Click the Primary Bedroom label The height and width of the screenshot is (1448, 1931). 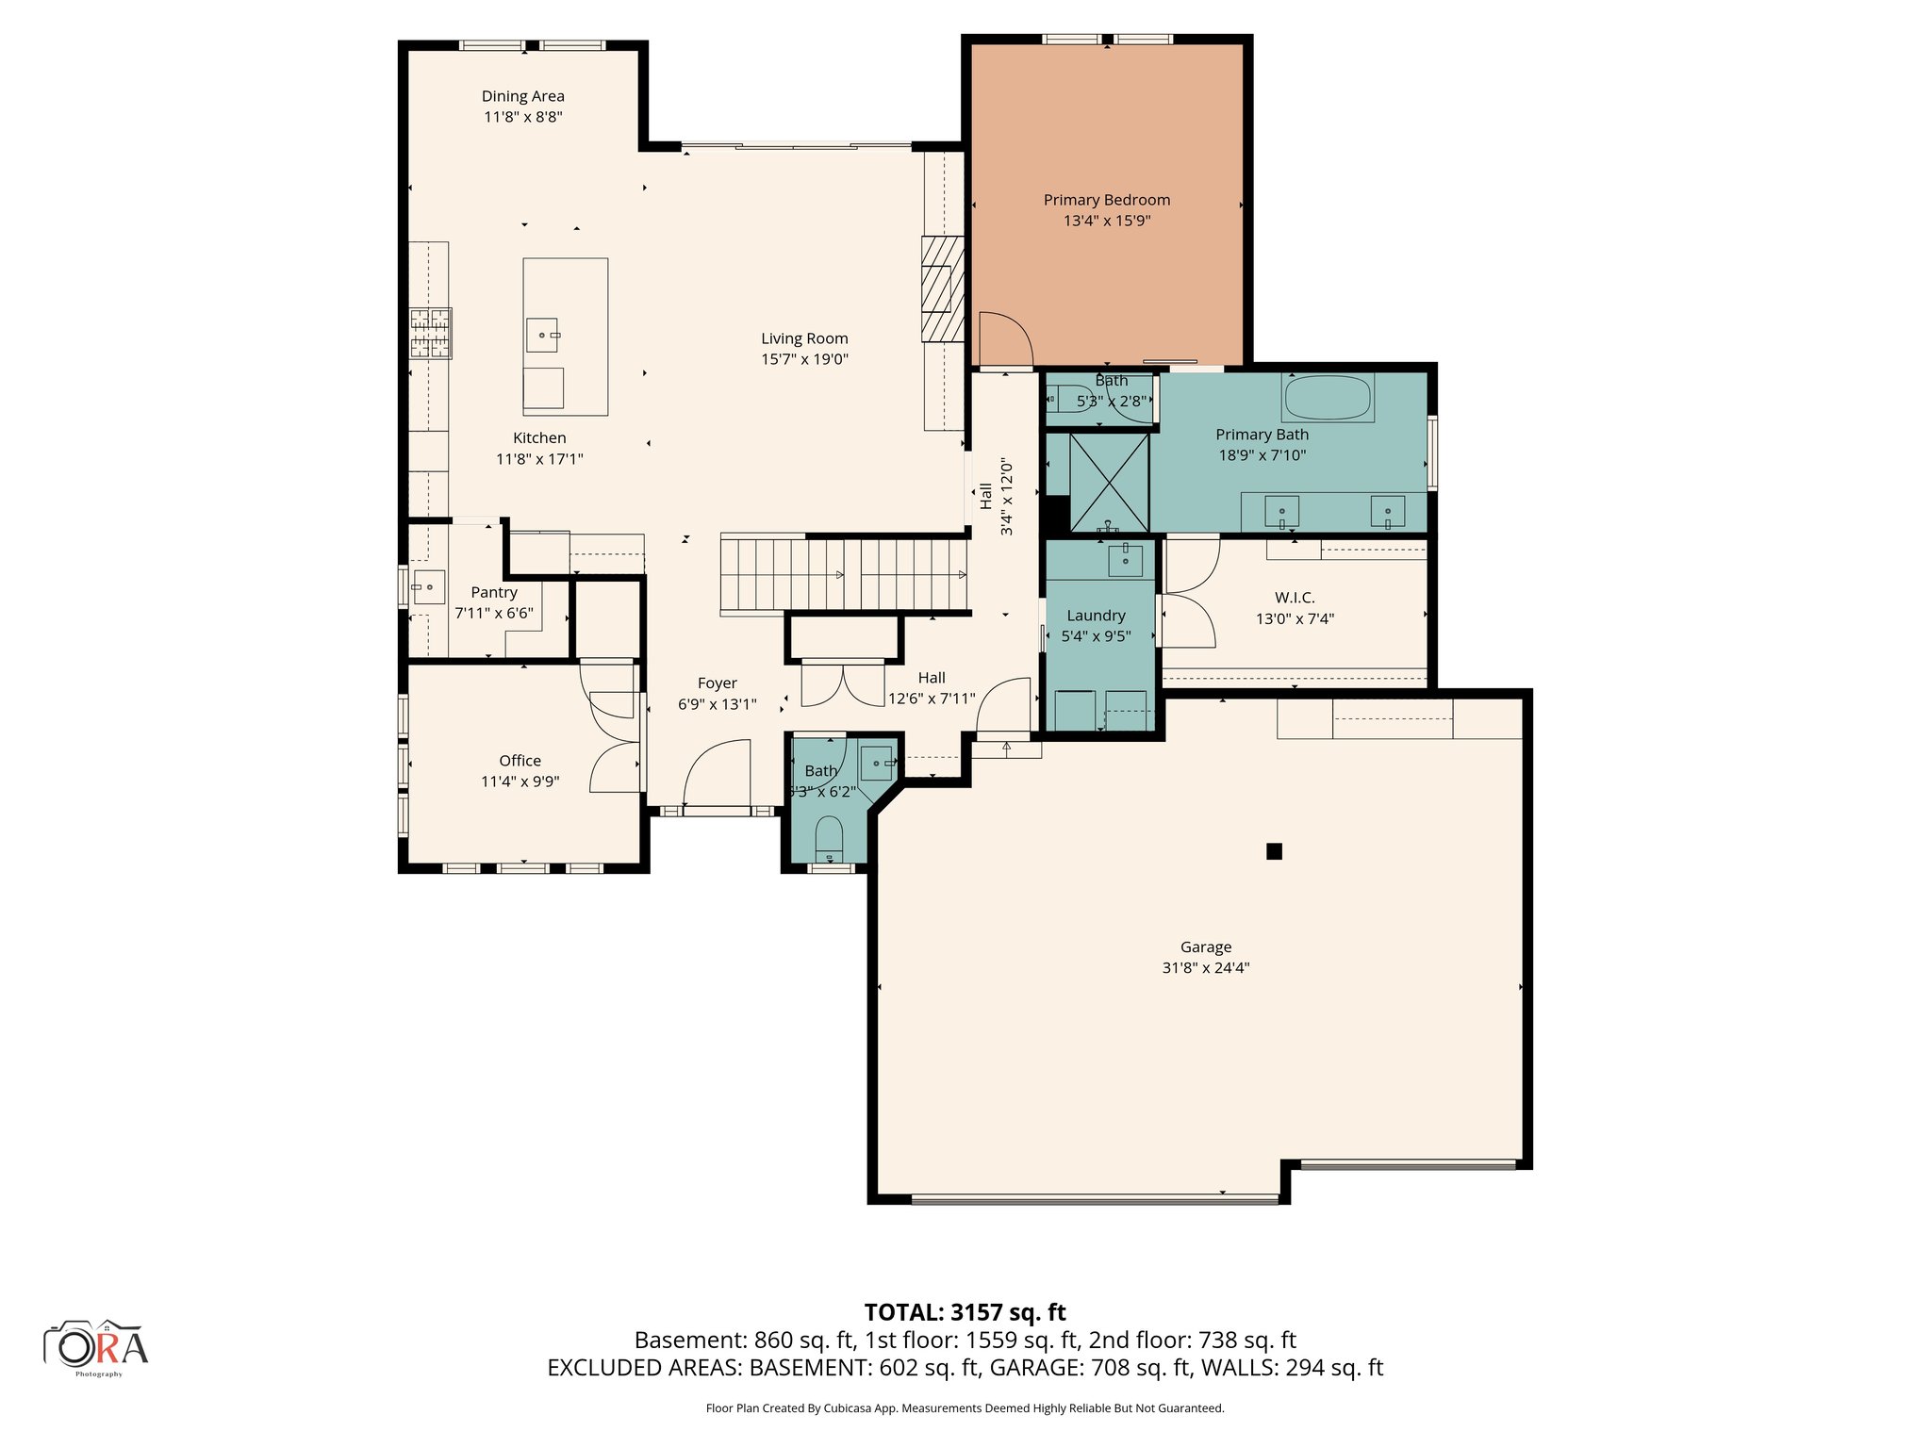click(1106, 200)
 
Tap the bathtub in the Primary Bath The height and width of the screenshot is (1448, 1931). click(1327, 398)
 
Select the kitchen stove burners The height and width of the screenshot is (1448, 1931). click(430, 334)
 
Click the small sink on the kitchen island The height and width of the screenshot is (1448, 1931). click(541, 335)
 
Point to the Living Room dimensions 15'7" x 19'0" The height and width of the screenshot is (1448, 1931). click(804, 359)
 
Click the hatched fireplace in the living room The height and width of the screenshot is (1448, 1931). click(942, 288)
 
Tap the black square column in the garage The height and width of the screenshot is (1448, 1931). click(1274, 851)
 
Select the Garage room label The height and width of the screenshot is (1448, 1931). click(1205, 947)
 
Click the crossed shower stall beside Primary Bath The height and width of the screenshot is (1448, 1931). click(1109, 482)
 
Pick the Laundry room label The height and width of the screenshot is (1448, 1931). click(1096, 616)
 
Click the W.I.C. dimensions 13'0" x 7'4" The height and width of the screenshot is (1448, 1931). click(1295, 619)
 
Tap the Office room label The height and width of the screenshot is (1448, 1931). click(520, 761)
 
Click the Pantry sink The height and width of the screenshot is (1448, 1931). click(428, 586)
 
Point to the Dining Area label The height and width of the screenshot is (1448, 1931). click(522, 96)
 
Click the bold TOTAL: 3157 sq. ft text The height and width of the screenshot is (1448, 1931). click(965, 1312)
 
